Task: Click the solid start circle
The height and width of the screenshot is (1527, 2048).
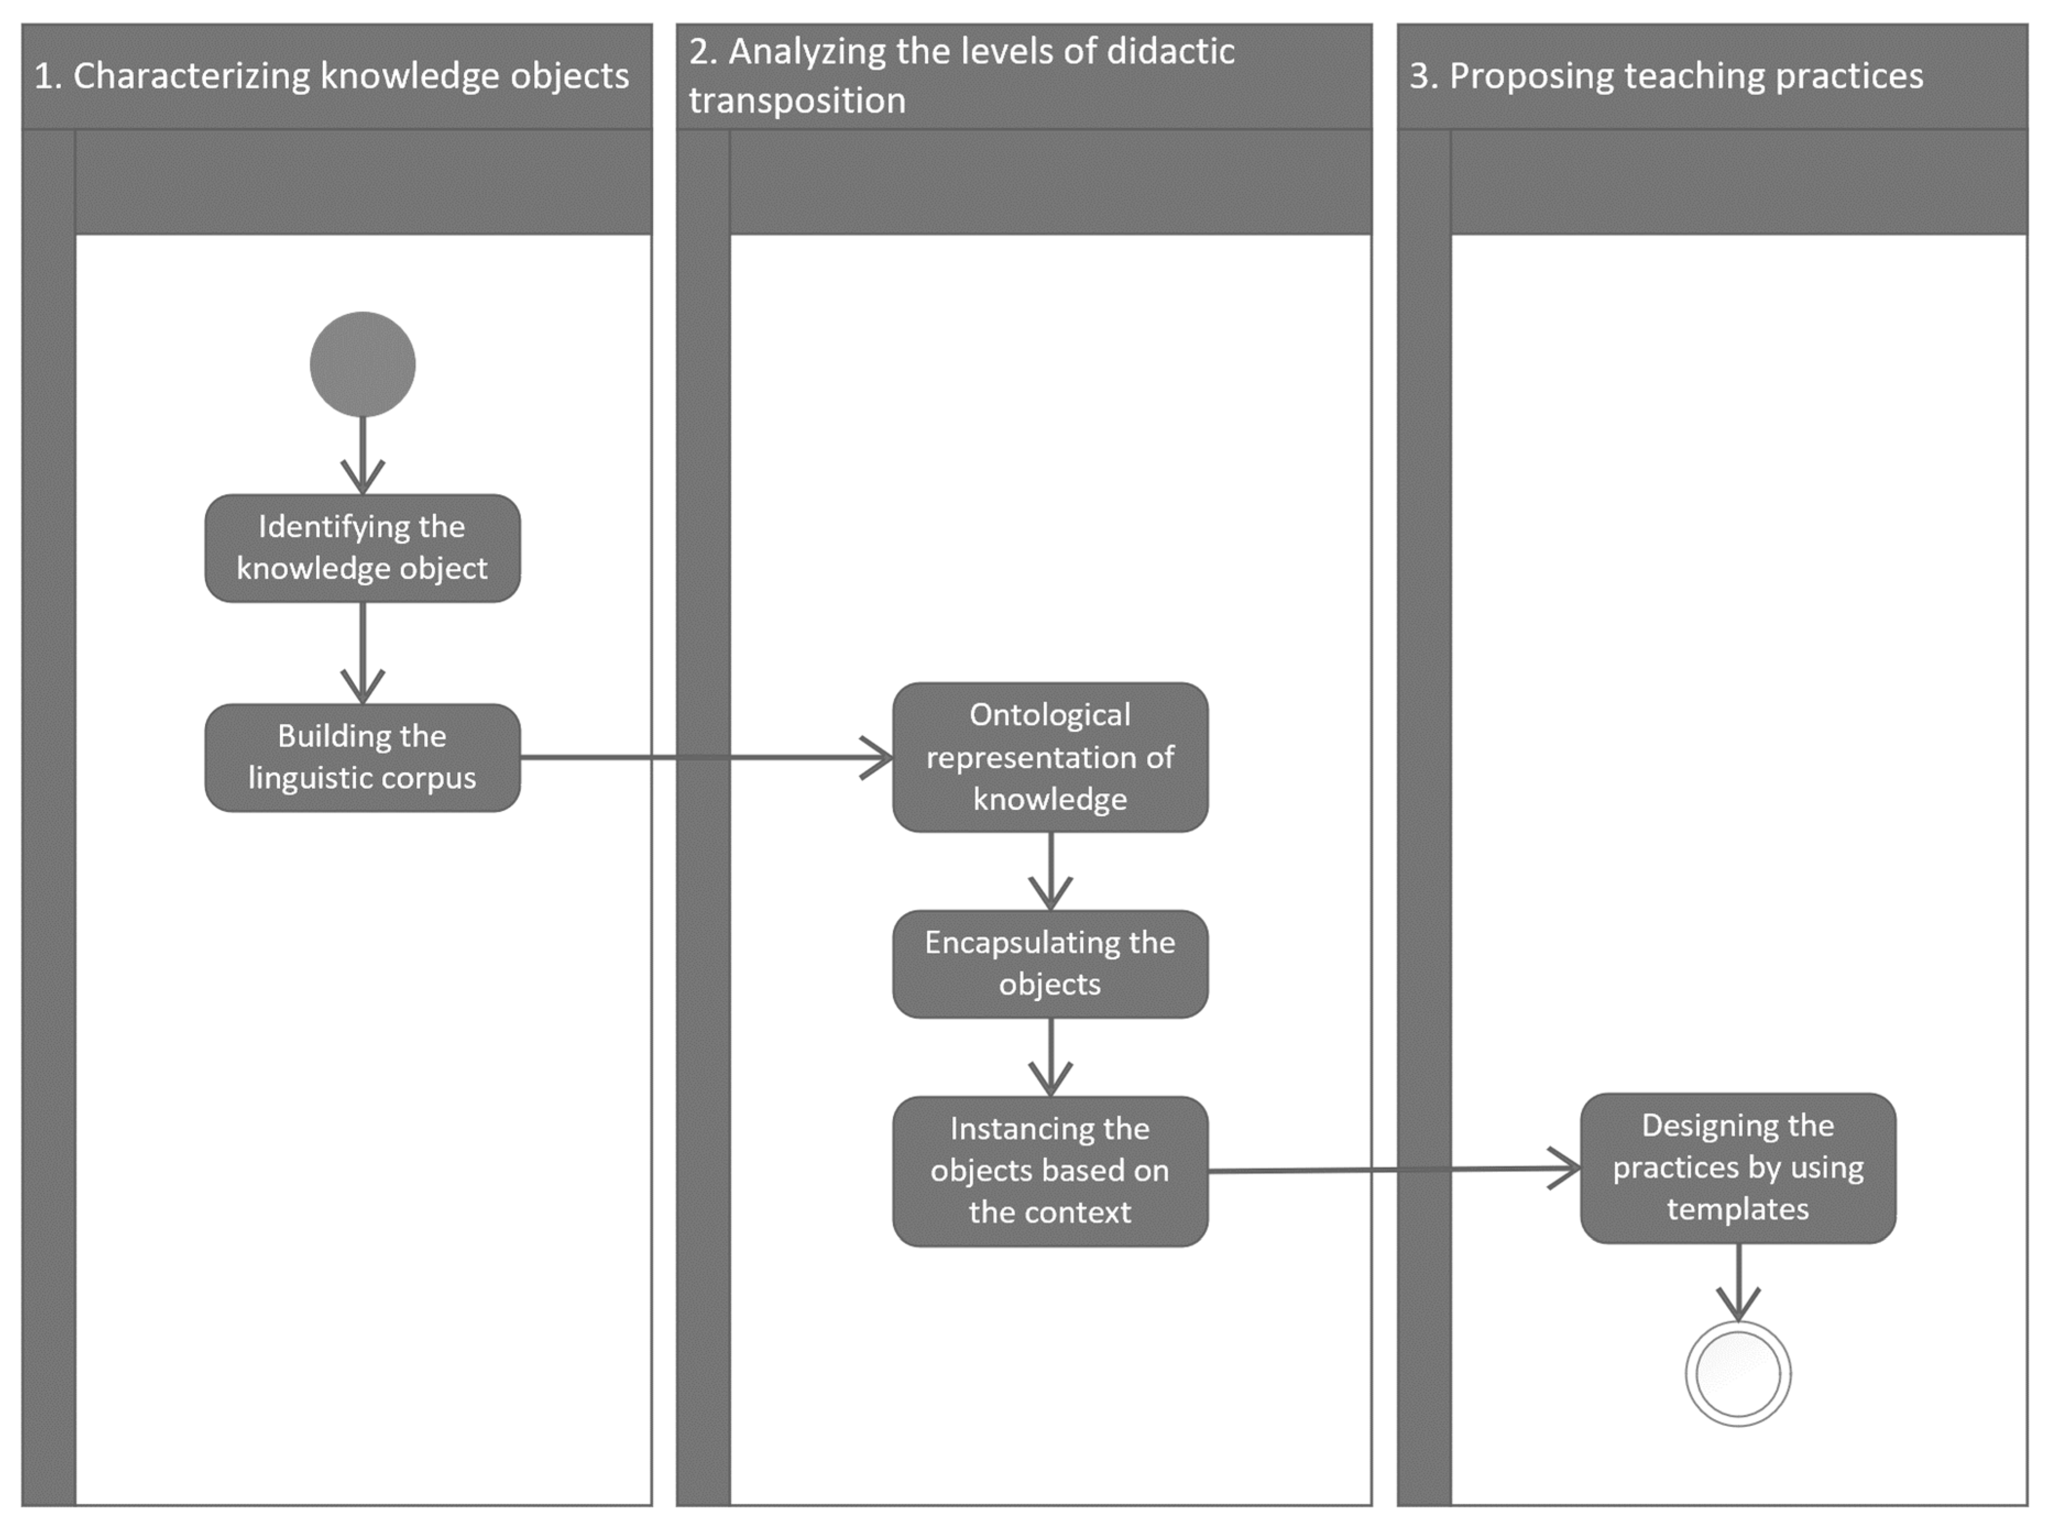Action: pyautogui.click(x=363, y=364)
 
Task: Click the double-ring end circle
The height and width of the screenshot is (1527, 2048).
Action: pyautogui.click(x=1738, y=1374)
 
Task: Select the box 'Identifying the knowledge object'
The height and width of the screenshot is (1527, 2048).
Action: pyautogui.click(x=363, y=548)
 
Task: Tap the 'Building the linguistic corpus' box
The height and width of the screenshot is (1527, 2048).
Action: pyautogui.click(x=363, y=757)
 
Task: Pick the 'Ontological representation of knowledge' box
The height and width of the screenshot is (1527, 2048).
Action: pyautogui.click(x=1050, y=757)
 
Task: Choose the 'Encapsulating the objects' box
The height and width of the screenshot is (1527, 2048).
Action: pyautogui.click(x=1050, y=963)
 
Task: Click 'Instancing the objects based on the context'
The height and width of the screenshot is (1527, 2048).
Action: pyautogui.click(x=1050, y=1170)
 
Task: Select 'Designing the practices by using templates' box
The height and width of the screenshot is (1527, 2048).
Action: pyautogui.click(x=1738, y=1167)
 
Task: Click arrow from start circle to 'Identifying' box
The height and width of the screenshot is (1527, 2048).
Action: pyautogui.click(x=363, y=453)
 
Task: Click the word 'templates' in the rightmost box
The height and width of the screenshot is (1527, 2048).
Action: pyautogui.click(x=1738, y=1209)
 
